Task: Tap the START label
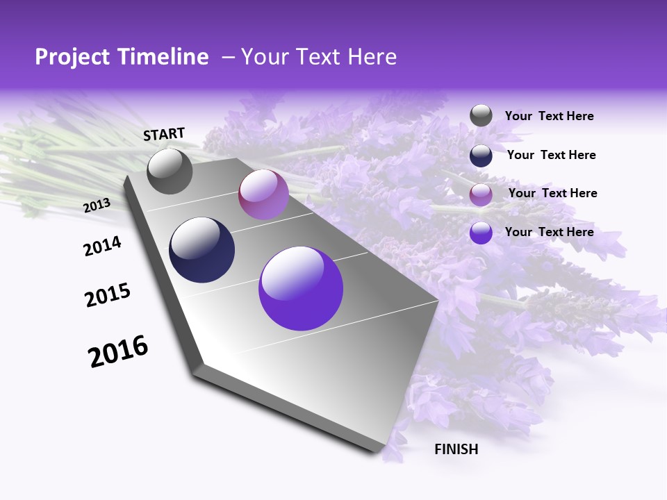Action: pos(164,134)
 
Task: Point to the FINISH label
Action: pos(456,449)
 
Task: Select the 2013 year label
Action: pos(97,205)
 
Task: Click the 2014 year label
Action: pos(102,246)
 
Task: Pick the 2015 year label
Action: pos(108,295)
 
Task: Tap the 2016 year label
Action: pos(118,351)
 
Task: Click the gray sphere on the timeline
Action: pos(170,171)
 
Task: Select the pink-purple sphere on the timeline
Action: pos(263,194)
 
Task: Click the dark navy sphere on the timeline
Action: pos(202,250)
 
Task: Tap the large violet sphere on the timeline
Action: pos(301,288)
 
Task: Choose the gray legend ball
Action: pos(481,116)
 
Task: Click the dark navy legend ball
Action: pos(481,156)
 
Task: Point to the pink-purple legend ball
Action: pos(481,194)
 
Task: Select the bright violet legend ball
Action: pos(481,233)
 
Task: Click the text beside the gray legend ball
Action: pos(549,117)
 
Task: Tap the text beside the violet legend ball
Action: pos(549,232)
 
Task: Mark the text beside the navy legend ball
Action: pos(551,155)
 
